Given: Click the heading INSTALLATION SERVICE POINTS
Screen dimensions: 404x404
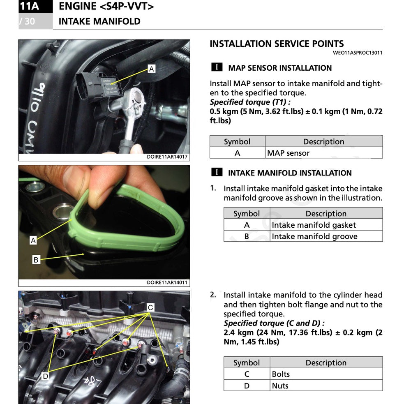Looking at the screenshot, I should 277,44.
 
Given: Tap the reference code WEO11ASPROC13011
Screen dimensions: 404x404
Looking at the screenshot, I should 358,53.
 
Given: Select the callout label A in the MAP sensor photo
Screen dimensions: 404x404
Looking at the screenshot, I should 152,69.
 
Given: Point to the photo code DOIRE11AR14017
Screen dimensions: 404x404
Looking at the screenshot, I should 167,157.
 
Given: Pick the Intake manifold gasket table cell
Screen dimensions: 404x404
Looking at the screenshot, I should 314,225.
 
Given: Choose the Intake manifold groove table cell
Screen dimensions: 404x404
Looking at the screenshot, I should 314,236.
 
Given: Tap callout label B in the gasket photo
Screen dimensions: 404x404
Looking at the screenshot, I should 36,260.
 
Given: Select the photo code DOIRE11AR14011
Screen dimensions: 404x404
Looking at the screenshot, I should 167,282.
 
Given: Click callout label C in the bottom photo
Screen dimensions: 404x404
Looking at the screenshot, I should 150,307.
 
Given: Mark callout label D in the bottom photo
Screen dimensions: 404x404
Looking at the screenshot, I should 45,376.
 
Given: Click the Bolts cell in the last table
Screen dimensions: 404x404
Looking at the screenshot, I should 281,374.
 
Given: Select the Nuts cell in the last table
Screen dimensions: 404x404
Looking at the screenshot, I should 280,386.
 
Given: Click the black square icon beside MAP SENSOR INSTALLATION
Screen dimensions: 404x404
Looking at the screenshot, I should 217,67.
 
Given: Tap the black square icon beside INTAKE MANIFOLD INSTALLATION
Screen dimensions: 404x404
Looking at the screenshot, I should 217,173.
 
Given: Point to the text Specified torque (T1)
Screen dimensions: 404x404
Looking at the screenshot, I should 250,102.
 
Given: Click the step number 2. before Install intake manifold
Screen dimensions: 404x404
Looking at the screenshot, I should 213,295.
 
